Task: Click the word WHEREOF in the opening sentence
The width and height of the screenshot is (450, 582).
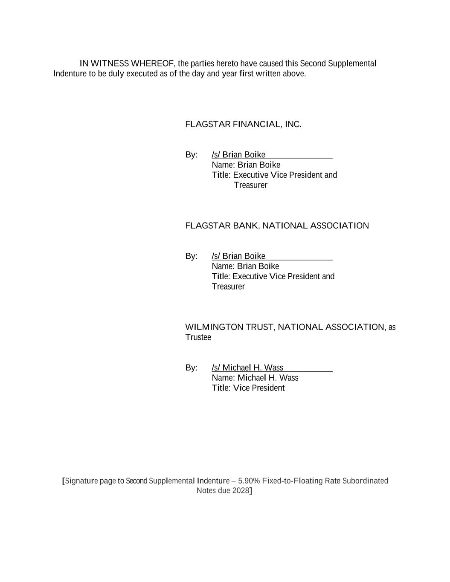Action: pos(152,64)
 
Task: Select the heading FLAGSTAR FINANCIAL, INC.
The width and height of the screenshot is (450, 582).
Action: pos(243,125)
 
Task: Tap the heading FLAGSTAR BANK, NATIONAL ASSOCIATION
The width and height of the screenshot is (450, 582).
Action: pos(277,226)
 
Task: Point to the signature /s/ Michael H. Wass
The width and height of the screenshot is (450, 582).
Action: pos(247,368)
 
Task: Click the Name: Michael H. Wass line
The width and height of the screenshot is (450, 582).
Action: pos(255,378)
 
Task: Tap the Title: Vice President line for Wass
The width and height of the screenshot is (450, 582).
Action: pos(248,388)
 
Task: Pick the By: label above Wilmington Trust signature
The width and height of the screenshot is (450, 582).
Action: pos(191,368)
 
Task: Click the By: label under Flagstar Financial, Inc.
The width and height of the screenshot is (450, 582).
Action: pos(191,155)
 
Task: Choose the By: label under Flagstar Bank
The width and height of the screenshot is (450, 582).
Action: pos(191,256)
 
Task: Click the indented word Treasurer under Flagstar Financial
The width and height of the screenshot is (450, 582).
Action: pos(251,185)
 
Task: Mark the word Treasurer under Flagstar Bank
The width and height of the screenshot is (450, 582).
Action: pos(228,287)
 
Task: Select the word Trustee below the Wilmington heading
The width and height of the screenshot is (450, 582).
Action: pos(198,337)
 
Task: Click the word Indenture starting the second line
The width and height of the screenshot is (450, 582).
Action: pos(70,74)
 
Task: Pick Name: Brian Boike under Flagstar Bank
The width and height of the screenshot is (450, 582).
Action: pos(245,266)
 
